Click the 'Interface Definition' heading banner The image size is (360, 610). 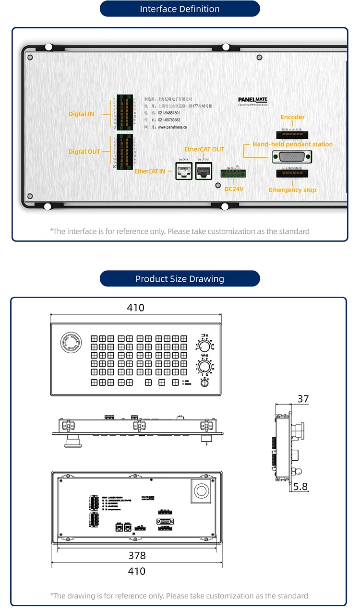pyautogui.click(x=180, y=9)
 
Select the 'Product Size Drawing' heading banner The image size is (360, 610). pyautogui.click(x=180, y=279)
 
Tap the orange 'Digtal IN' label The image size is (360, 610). pyautogui.click(x=81, y=114)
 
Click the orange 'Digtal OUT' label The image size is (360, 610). pyautogui.click(x=84, y=152)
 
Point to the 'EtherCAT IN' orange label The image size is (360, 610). pyautogui.click(x=150, y=171)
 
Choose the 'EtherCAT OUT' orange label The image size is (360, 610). pyautogui.click(x=204, y=149)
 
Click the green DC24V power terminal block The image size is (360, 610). pyautogui.click(x=232, y=174)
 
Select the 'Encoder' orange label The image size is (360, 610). pyautogui.click(x=292, y=117)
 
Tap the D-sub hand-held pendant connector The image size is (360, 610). pyautogui.click(x=292, y=157)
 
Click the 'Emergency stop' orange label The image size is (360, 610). pyautogui.click(x=292, y=190)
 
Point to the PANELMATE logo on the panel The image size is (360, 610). pyautogui.click(x=253, y=101)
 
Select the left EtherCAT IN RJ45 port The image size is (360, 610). pyautogui.click(x=183, y=170)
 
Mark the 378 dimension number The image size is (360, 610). pyautogui.click(x=136, y=556)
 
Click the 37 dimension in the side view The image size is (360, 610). pyautogui.click(x=303, y=399)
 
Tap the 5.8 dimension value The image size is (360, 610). pyautogui.click(x=300, y=487)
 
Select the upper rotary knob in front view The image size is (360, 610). pyautogui.click(x=204, y=347)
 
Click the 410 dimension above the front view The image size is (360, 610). pyautogui.click(x=135, y=308)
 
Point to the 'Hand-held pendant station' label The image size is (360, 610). pyautogui.click(x=292, y=144)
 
